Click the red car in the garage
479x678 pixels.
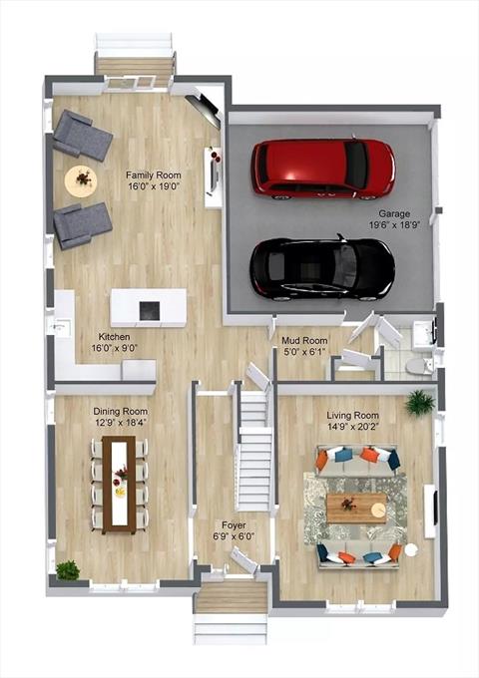click(x=323, y=169)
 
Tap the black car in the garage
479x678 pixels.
click(x=322, y=268)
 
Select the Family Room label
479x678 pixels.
click(x=154, y=175)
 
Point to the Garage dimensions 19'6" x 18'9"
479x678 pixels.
click(x=395, y=225)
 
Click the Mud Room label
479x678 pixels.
click(x=304, y=341)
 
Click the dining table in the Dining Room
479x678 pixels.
click(x=119, y=485)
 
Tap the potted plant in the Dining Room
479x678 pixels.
click(x=68, y=570)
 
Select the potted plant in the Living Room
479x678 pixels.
click(x=420, y=403)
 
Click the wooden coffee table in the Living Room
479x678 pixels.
click(x=356, y=508)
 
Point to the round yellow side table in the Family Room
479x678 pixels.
click(x=81, y=181)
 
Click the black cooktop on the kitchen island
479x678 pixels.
click(x=150, y=311)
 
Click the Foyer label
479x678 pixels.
click(x=234, y=525)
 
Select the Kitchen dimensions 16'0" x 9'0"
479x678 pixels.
click(x=114, y=348)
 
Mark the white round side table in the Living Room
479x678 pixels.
click(x=411, y=550)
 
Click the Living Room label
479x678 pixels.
click(x=352, y=416)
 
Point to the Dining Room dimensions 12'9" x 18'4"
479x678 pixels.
click(x=121, y=423)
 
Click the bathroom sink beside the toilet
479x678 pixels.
click(x=423, y=335)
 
